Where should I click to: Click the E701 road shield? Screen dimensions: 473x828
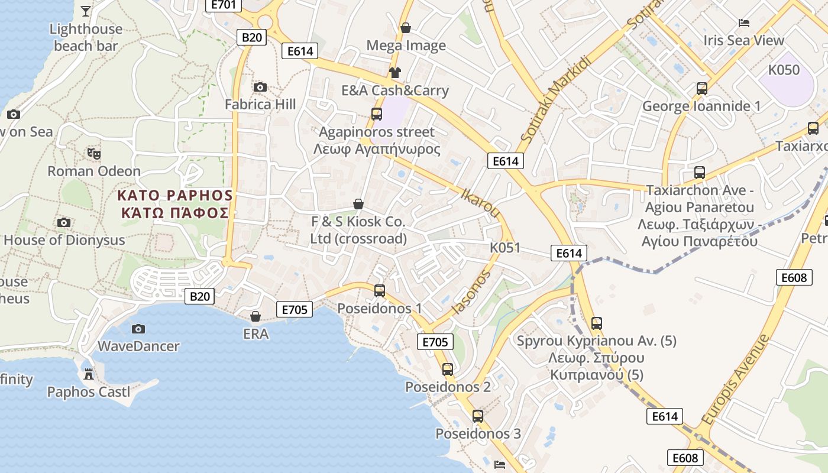point(224,5)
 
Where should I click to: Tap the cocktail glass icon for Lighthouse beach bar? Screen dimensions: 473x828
point(86,11)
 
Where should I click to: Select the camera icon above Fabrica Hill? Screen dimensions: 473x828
point(260,88)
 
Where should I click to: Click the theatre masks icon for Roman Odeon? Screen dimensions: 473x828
point(94,154)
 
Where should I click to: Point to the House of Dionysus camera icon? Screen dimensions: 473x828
point(64,223)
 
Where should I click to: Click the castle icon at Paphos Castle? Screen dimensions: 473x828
point(89,374)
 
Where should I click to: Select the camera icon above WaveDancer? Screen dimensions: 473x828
point(138,329)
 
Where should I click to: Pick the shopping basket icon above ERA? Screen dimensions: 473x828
point(255,316)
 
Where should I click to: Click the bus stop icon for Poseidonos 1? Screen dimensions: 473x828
point(380,290)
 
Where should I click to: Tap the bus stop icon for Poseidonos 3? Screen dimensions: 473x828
point(478,416)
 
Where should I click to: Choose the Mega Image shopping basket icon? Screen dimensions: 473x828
point(406,28)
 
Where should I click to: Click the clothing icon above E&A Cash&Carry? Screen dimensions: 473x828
point(394,73)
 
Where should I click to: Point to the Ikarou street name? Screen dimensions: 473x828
point(480,203)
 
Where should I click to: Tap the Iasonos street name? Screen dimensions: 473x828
point(471,292)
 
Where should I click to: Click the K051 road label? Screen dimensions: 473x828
point(505,248)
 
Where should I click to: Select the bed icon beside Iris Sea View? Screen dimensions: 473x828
point(744,23)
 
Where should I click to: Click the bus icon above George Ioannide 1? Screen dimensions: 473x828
point(702,89)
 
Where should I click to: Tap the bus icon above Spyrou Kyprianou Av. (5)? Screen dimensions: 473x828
point(597,323)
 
